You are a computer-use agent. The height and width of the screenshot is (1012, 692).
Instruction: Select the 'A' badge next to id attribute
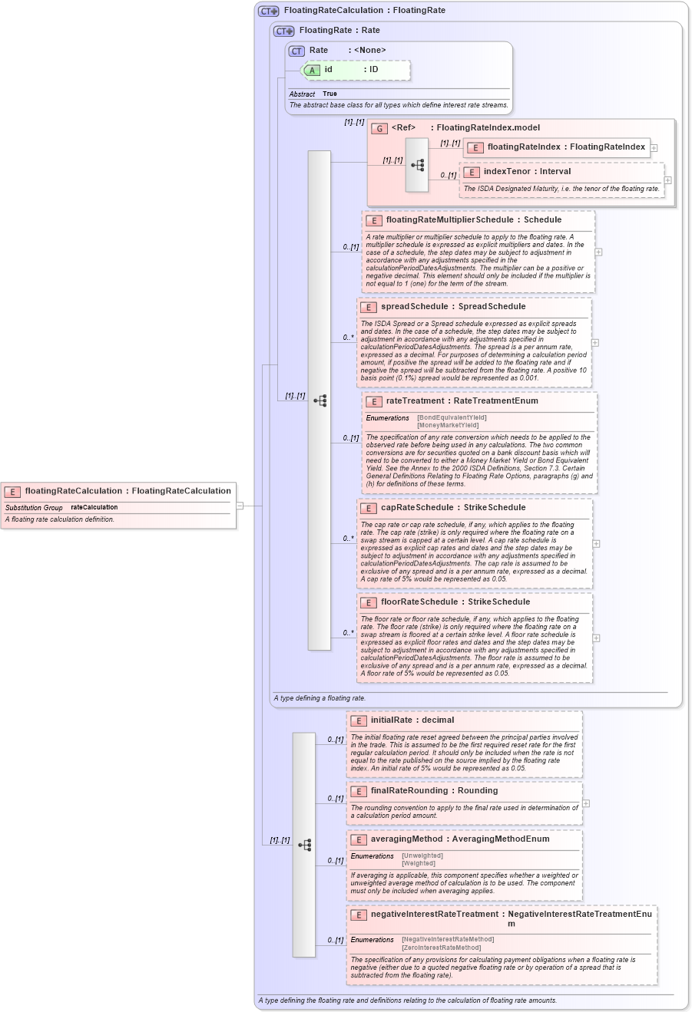point(312,70)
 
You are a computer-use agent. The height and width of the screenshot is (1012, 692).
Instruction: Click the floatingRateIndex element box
point(557,147)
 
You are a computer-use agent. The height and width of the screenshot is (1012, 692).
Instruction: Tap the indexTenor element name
point(506,172)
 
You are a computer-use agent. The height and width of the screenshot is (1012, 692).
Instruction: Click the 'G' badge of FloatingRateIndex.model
point(379,128)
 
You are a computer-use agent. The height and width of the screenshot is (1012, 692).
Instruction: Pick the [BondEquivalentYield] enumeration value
point(452,418)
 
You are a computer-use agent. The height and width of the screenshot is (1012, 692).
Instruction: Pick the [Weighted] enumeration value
point(419,863)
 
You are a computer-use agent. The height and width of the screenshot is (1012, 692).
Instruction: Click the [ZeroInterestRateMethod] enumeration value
point(441,948)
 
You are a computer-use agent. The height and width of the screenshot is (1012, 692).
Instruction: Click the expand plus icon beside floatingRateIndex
point(654,147)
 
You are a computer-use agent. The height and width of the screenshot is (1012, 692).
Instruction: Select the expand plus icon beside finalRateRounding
point(586,803)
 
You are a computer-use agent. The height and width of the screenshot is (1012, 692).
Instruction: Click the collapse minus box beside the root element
point(240,506)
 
